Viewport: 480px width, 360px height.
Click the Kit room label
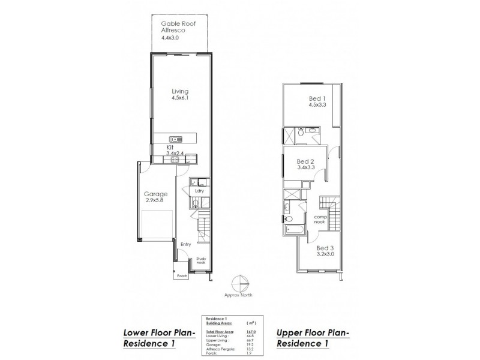click(170, 146)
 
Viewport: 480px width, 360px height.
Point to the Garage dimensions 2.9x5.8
click(155, 201)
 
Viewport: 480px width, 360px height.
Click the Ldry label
click(199, 191)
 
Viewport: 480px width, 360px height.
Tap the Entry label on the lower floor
click(186, 244)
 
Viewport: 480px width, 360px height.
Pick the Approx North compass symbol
click(240, 284)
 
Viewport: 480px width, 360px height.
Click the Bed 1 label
click(308, 98)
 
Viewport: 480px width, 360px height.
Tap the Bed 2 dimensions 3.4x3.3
click(306, 168)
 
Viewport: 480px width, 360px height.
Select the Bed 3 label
click(325, 247)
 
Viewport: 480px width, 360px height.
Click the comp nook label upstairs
click(319, 220)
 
